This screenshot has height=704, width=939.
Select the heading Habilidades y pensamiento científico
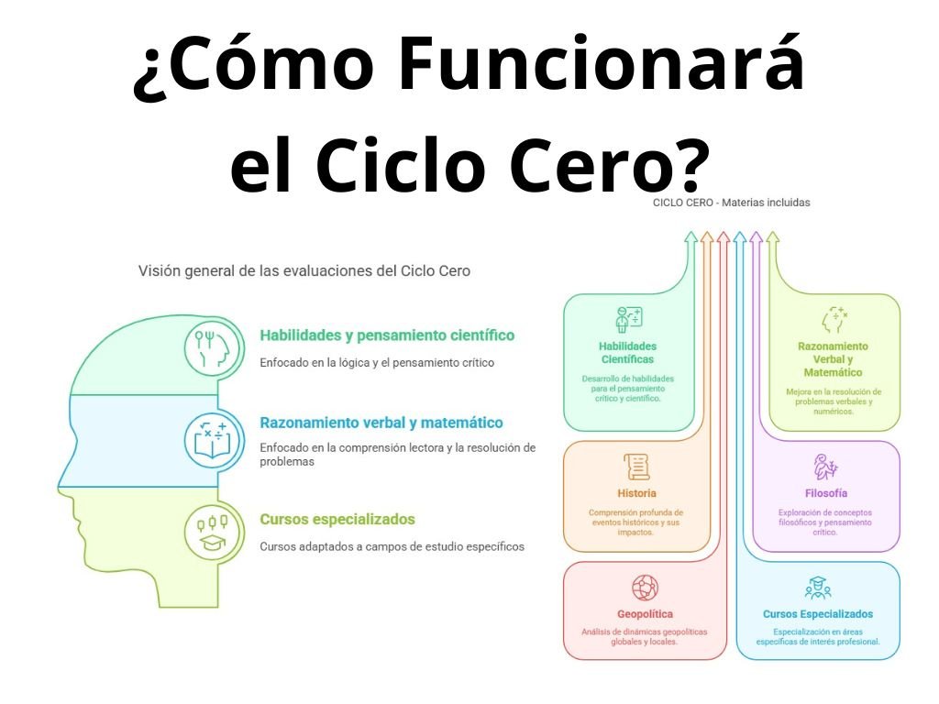pyautogui.click(x=387, y=335)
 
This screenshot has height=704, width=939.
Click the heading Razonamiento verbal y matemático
pyautogui.click(x=381, y=423)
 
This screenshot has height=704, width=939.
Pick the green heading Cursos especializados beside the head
pyautogui.click(x=337, y=520)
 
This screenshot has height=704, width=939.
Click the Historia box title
pyautogui.click(x=636, y=493)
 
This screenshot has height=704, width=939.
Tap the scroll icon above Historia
pyautogui.click(x=636, y=467)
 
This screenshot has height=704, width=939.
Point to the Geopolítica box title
pyautogui.click(x=645, y=614)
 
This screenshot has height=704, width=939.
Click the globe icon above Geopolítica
pyautogui.click(x=645, y=588)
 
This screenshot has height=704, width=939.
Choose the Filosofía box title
pyautogui.click(x=825, y=493)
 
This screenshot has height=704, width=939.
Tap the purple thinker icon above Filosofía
pyautogui.click(x=825, y=467)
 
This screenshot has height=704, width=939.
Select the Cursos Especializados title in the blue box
pyautogui.click(x=818, y=614)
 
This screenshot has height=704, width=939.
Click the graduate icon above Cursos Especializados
pyautogui.click(x=817, y=588)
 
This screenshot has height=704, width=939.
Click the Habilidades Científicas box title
pyautogui.click(x=627, y=353)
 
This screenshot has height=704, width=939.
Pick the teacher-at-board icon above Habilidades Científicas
pyautogui.click(x=629, y=318)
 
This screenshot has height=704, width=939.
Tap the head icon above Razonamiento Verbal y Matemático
pyautogui.click(x=834, y=319)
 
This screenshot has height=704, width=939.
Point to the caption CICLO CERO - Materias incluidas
pyautogui.click(x=731, y=203)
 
